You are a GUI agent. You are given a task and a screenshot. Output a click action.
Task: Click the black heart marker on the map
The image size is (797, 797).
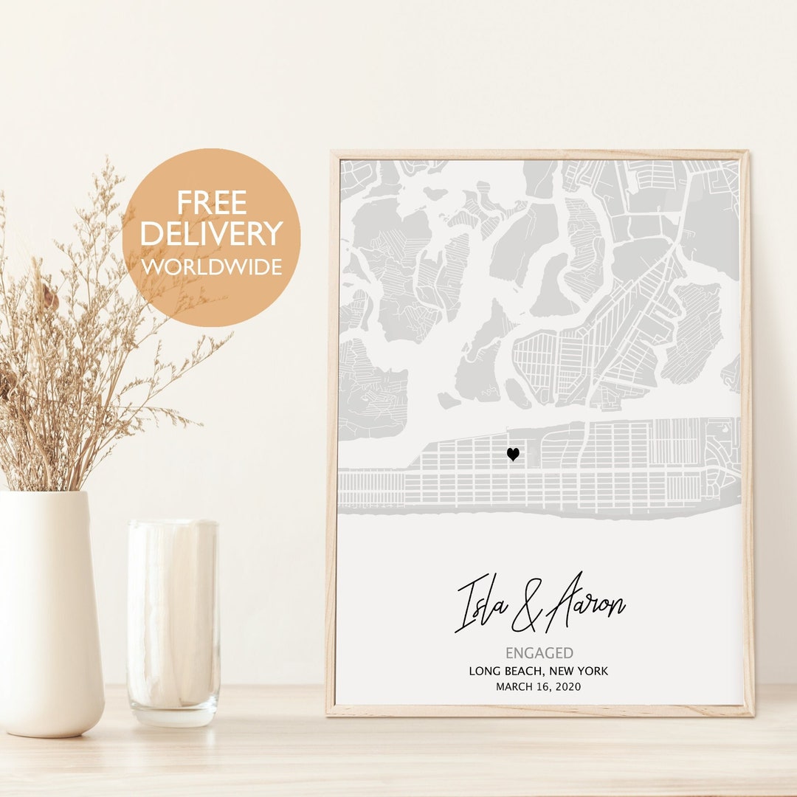513,455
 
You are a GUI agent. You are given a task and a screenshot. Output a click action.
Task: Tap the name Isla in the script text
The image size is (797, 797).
483,601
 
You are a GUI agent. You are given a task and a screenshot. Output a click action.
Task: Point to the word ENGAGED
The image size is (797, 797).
539,653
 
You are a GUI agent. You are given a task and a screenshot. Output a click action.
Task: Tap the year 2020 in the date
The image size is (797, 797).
567,687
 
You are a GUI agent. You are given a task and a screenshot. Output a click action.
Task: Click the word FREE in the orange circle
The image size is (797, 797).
211,202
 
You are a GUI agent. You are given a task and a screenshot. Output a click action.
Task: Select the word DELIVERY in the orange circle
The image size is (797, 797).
211,234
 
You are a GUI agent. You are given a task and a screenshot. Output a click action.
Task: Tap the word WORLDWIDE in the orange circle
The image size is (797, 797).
211,266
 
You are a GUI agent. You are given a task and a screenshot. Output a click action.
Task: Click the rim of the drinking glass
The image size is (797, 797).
173,523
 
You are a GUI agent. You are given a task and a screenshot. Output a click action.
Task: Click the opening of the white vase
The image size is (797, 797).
44,494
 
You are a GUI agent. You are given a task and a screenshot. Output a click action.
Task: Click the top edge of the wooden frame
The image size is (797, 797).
539,155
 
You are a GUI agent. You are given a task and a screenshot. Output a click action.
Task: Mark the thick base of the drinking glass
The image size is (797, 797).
173,712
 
